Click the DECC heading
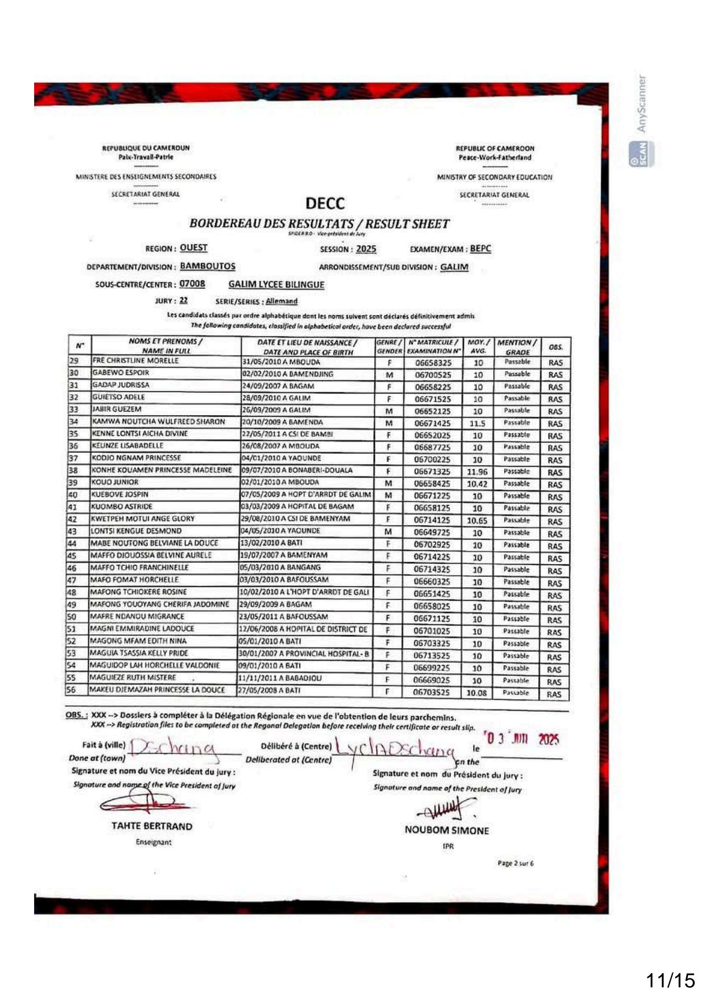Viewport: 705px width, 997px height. coord(325,203)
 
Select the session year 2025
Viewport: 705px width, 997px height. coord(366,249)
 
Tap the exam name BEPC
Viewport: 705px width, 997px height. coord(480,249)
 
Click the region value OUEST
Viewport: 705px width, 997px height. coord(193,248)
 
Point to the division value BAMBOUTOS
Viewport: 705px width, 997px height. coord(208,266)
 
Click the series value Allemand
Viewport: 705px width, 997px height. coord(281,301)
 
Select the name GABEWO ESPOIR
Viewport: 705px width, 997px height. coord(120,373)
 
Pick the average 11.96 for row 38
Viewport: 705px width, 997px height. coord(476,472)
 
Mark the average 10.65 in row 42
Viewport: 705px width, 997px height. coord(477,521)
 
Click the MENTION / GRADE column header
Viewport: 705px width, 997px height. coord(517,347)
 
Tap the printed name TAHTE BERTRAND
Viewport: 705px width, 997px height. coord(152,826)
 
